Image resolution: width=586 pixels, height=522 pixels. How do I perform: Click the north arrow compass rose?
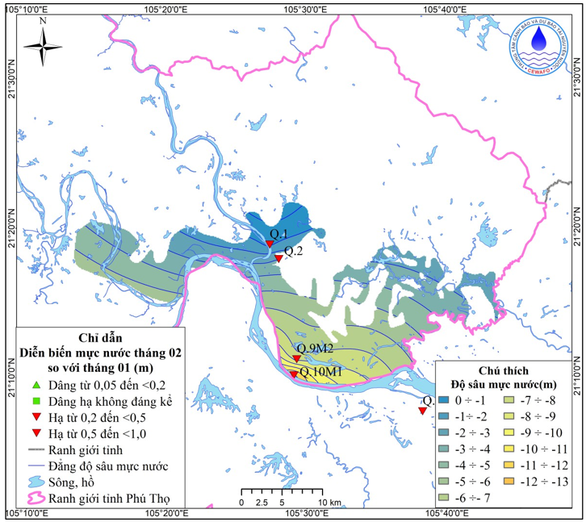tap(42, 48)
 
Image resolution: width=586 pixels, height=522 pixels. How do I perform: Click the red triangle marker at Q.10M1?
tap(293, 374)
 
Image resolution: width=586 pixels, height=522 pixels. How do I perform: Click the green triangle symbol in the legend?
tap(36, 385)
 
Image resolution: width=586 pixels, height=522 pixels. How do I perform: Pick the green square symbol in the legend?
tap(36, 401)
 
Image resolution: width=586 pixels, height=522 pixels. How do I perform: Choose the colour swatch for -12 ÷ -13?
tap(509, 482)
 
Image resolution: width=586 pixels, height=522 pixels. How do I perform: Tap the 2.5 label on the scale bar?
tap(262, 502)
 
